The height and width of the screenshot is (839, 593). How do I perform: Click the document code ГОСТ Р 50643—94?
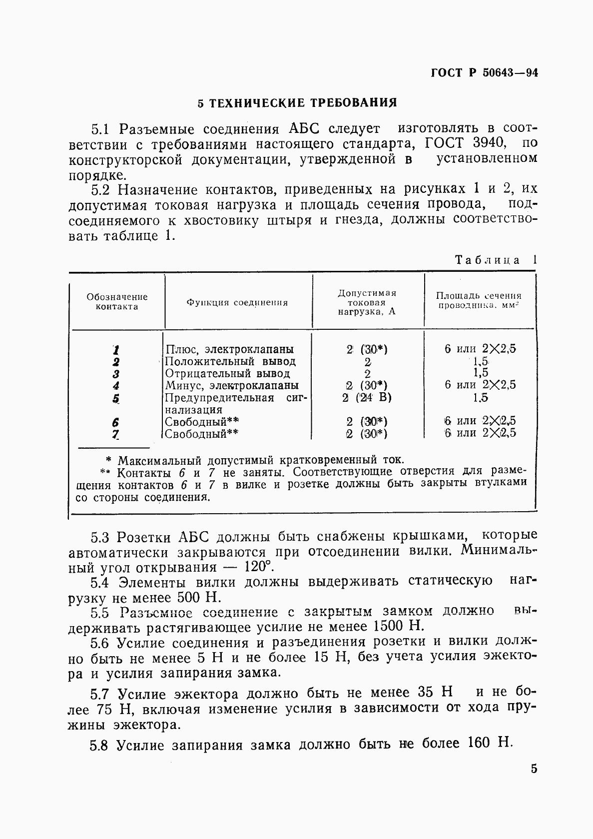484,73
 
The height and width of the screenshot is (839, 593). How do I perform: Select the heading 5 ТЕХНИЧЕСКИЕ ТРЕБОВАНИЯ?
297,103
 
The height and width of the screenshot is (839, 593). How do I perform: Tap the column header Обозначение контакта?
117,302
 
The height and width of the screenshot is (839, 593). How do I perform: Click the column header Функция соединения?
237,302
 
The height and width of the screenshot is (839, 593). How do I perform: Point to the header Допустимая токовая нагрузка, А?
367,302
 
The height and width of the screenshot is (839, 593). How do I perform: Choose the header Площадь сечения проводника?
479,300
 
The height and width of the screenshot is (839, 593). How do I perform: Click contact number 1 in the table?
116,350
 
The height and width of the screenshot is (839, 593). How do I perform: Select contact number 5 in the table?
116,398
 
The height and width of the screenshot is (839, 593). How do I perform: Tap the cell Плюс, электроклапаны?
229,349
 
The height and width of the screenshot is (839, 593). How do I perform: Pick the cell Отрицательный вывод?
227,373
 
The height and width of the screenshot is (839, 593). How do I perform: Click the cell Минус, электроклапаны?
232,385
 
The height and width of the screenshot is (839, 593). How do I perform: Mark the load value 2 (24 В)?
367,398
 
